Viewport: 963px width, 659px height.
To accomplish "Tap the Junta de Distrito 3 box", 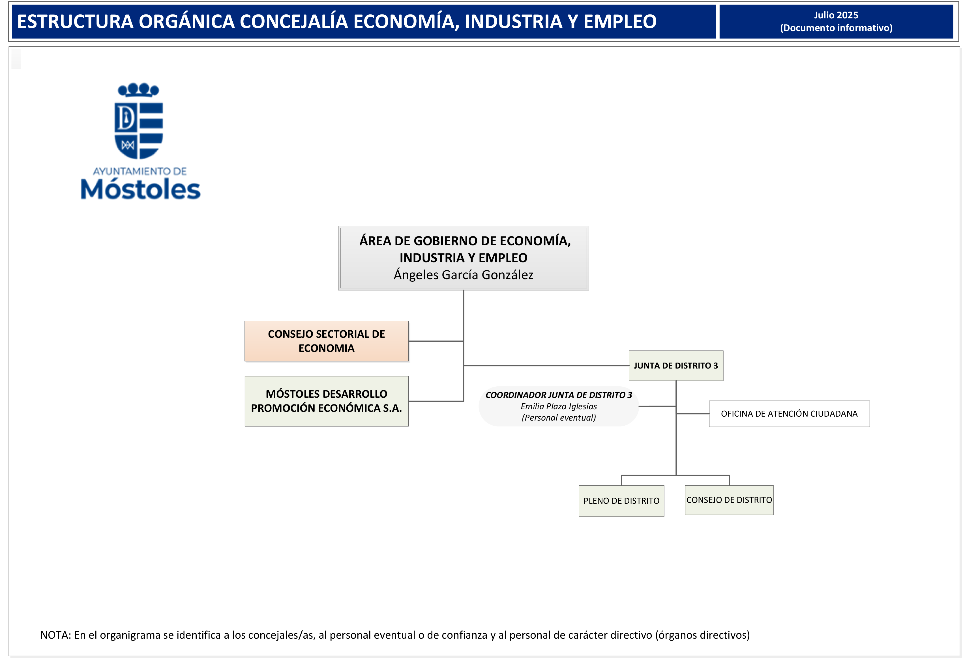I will point(675,365).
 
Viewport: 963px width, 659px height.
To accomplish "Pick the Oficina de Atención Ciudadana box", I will point(789,414).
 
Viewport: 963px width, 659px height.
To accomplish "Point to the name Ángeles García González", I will point(463,275).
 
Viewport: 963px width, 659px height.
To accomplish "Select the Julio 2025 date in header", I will point(835,15).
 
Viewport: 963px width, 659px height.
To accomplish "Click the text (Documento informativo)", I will point(835,28).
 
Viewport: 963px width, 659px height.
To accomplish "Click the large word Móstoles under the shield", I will point(140,190).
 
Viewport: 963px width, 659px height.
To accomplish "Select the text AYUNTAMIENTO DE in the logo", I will point(140,171).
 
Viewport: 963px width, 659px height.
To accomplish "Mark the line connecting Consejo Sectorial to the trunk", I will point(435,341).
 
